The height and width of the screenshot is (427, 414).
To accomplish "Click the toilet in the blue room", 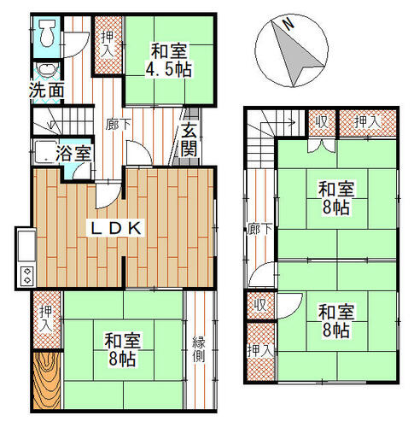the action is click(47, 33).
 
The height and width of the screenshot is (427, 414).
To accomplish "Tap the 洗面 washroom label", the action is click(47, 91).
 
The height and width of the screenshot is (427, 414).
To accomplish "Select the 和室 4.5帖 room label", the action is click(169, 60).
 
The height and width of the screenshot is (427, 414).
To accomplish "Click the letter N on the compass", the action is click(289, 24).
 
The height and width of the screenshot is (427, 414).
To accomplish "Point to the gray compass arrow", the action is click(296, 54).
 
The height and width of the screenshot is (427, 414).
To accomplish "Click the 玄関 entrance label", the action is click(190, 139).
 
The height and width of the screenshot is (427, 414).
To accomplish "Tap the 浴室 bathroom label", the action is click(73, 153).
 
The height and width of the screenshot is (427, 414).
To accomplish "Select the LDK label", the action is click(116, 228).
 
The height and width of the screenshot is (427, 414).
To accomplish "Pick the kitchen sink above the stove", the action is click(26, 246).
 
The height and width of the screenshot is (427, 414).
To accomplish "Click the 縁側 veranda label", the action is click(199, 349).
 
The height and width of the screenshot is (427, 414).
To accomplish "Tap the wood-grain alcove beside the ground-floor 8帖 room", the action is click(47, 380).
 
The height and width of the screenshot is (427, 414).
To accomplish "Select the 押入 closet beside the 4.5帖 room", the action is click(108, 45).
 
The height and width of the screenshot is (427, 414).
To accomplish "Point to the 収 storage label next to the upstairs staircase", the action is click(322, 122).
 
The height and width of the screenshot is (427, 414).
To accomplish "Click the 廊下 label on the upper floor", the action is click(259, 229).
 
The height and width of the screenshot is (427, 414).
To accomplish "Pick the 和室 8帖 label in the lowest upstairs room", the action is click(336, 321).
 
